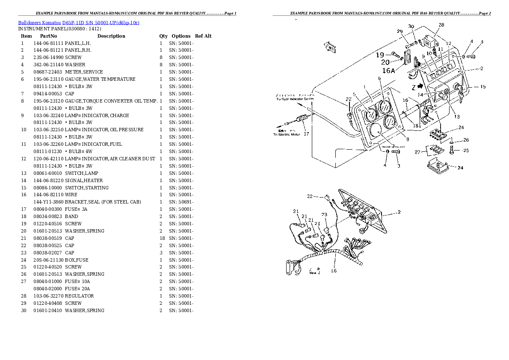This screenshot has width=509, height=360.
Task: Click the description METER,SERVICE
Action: point(84,72)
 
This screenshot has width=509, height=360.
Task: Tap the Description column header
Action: point(111,36)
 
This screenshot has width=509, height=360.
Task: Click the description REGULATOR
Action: point(80,296)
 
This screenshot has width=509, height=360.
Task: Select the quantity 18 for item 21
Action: point(161,238)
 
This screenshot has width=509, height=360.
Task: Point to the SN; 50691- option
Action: point(181,202)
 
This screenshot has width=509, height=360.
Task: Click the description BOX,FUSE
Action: point(77,260)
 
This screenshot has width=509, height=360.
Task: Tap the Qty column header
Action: point(163,36)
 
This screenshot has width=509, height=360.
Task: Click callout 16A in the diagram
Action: point(388,71)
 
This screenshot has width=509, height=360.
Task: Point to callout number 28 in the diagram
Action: point(441,25)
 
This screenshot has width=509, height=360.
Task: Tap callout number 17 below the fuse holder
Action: point(306,133)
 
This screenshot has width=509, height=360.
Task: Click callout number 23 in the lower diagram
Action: point(324,215)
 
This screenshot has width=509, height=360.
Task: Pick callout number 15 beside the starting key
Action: point(482,87)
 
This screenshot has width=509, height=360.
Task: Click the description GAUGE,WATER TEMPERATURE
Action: point(100,79)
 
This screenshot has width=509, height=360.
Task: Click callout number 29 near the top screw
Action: point(400,31)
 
